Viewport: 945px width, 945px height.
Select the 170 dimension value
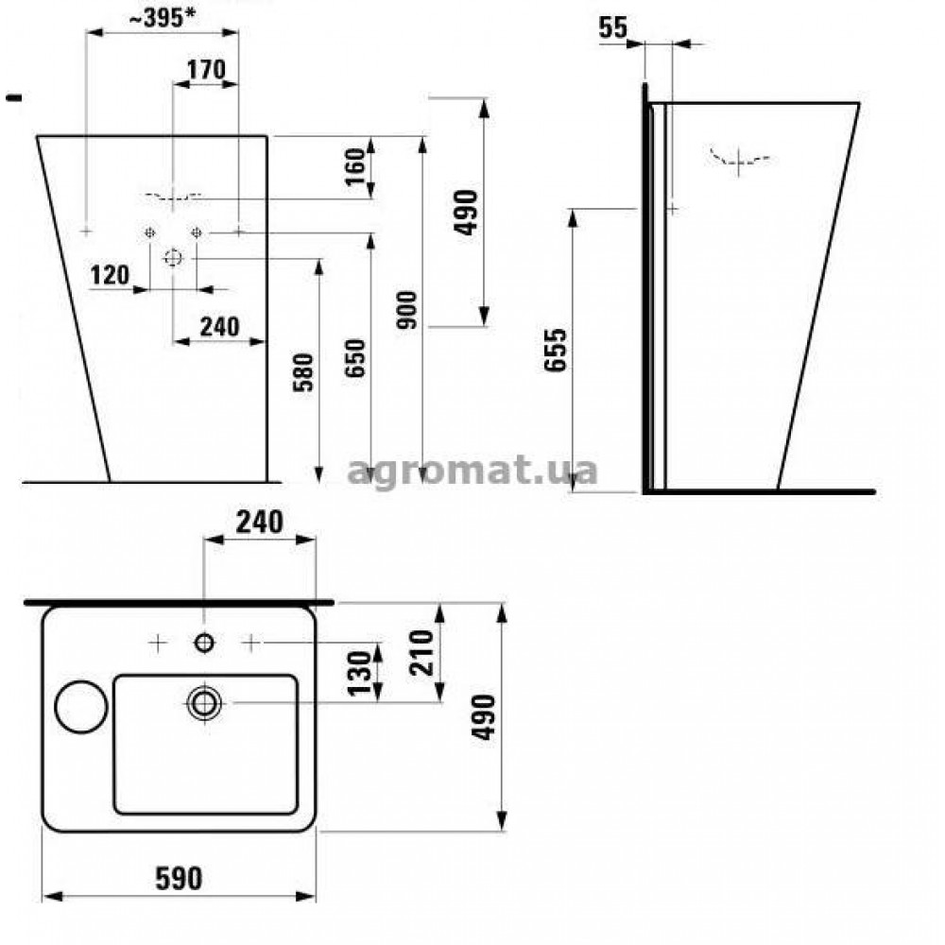coord(206,69)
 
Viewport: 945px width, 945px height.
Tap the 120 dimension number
coord(110,275)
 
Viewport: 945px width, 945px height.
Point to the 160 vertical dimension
coord(355,166)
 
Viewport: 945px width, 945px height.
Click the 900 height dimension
coord(407,310)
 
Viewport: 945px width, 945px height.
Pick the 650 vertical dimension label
coord(355,358)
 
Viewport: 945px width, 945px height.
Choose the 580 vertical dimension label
coord(303,372)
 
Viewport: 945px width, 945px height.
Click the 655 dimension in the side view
coord(556,351)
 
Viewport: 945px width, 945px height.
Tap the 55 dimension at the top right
coord(613,27)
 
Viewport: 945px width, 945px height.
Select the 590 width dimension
coord(179,879)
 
